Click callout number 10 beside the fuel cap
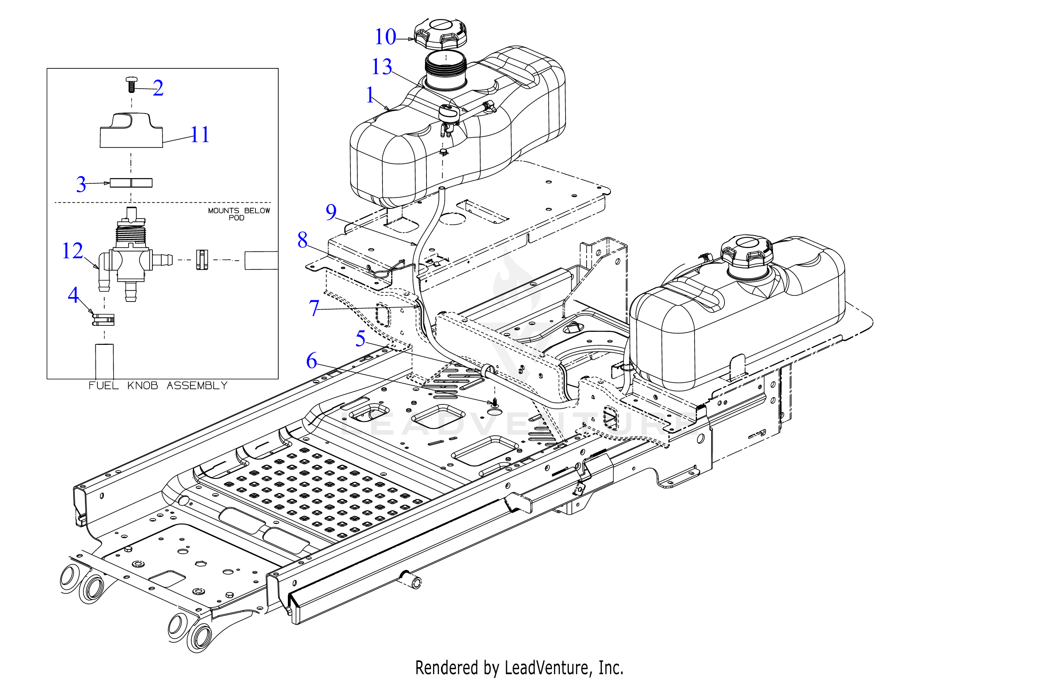click(x=385, y=36)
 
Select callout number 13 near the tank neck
click(x=382, y=66)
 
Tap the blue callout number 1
click(x=370, y=95)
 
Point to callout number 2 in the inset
click(x=158, y=88)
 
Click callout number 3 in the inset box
click(x=81, y=184)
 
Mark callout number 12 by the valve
click(x=72, y=251)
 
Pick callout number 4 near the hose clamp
click(x=73, y=295)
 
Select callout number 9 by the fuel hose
click(x=331, y=212)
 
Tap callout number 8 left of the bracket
click(x=302, y=240)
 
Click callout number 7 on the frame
click(x=314, y=308)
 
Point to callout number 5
click(x=360, y=338)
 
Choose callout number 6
click(x=311, y=361)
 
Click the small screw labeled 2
click(x=131, y=84)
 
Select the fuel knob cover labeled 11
click(x=131, y=130)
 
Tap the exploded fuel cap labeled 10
click(x=441, y=34)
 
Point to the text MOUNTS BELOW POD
click(x=239, y=214)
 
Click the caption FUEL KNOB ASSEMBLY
click(x=158, y=385)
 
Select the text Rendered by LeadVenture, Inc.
click(x=519, y=668)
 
